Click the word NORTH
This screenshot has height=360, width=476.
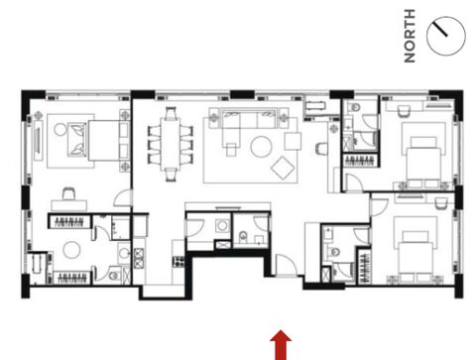(x=410, y=36)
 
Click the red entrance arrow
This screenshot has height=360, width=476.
(x=281, y=345)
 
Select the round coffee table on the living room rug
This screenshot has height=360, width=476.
(x=261, y=147)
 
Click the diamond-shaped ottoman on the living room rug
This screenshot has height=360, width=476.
(x=283, y=168)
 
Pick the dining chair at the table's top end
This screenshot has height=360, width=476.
(x=171, y=112)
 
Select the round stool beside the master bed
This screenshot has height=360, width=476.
(x=60, y=129)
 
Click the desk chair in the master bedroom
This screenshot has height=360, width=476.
(x=68, y=193)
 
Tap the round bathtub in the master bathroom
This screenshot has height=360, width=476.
(x=71, y=250)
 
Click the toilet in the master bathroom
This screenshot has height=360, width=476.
(x=114, y=275)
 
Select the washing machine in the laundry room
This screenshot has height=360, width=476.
(x=222, y=226)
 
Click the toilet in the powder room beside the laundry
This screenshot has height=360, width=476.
(x=243, y=236)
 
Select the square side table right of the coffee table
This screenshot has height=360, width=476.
(x=293, y=141)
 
